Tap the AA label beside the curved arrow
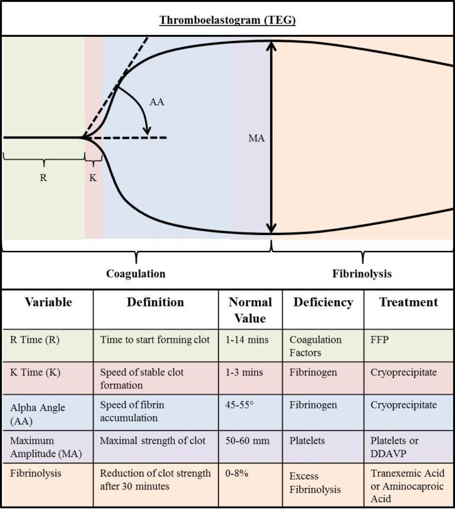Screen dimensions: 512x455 tap(156, 102)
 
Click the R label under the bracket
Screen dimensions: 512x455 tap(43, 178)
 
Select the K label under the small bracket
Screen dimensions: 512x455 tap(93, 178)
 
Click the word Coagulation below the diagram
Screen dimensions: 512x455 tap(136, 273)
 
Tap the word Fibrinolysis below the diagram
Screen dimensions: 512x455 tap(361, 273)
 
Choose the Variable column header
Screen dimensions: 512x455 tap(48, 302)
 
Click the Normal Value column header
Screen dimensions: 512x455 tap(250, 310)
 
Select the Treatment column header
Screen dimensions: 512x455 tap(409, 302)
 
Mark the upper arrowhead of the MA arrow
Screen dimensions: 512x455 tap(271, 44)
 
